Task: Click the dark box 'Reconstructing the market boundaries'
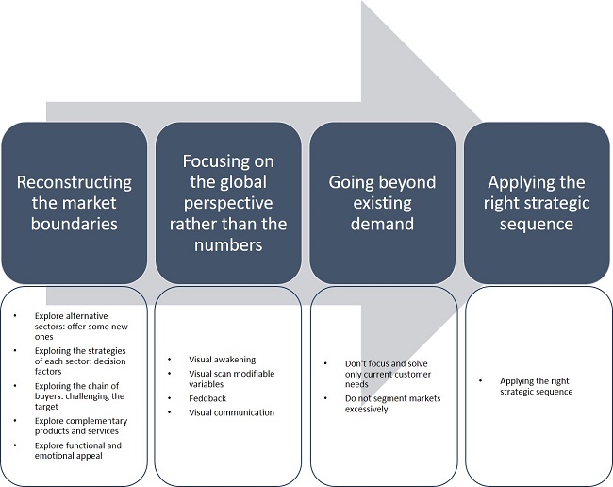[75, 202]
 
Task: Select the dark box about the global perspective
[229, 202]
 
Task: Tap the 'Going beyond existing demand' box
[383, 202]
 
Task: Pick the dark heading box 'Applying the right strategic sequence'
[538, 202]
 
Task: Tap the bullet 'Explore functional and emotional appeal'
[76, 450]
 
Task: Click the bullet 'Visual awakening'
[218, 360]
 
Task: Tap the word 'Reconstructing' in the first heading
[75, 182]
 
